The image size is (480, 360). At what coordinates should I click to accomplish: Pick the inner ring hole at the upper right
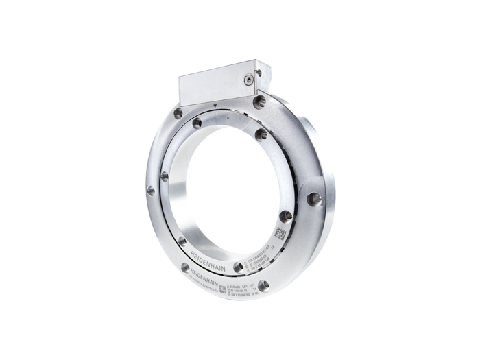tap(261, 133)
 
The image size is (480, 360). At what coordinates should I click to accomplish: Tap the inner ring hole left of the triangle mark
tap(196, 124)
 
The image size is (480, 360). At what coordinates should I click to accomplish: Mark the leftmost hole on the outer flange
tap(149, 191)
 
